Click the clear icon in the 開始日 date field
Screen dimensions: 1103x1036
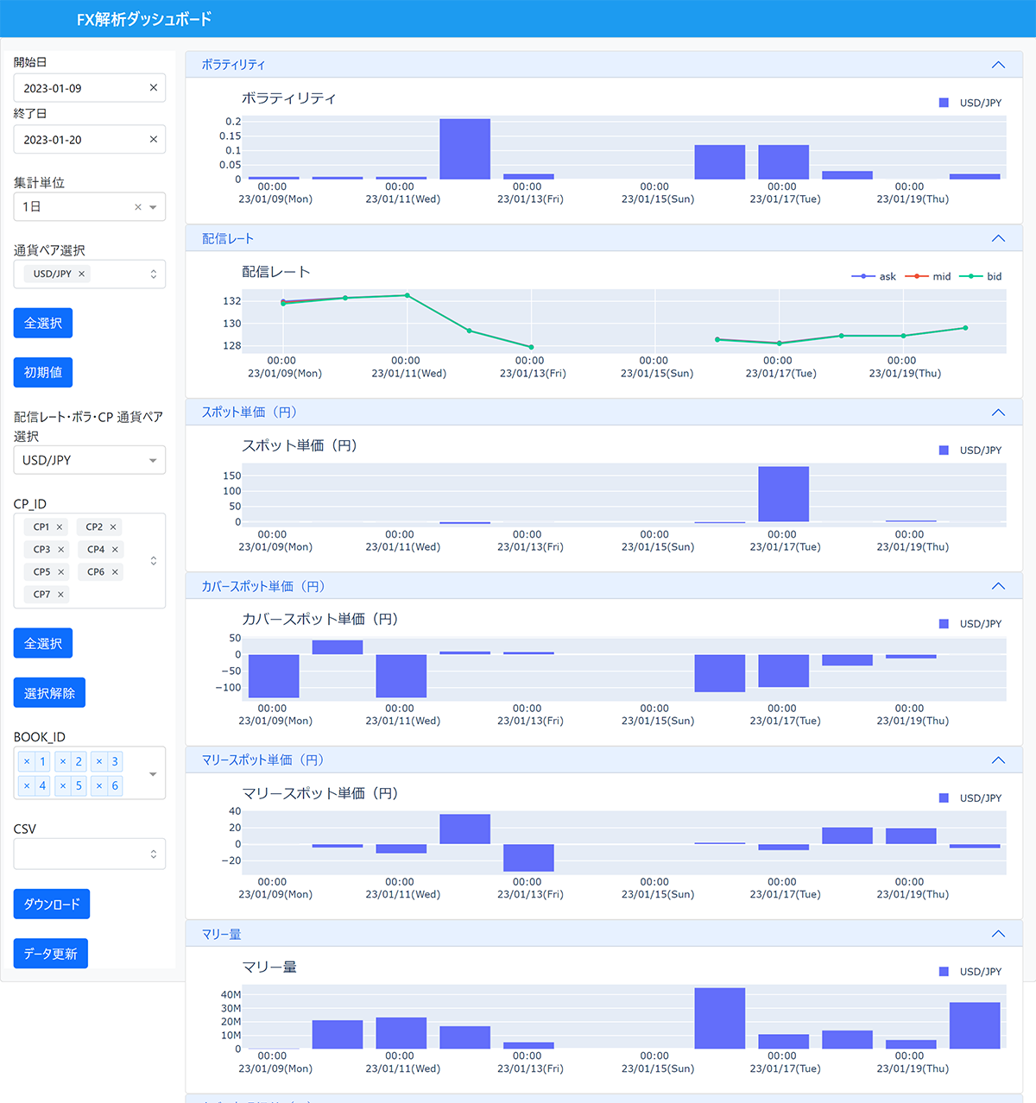[154, 88]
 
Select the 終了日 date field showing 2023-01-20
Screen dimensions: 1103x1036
[78, 140]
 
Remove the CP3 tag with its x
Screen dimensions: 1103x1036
[61, 550]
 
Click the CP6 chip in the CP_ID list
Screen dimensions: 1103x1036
[96, 572]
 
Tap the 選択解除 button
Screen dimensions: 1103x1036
[49, 693]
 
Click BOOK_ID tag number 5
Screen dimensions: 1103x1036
[79, 786]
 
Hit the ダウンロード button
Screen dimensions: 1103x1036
[52, 904]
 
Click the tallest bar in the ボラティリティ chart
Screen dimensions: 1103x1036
[464, 149]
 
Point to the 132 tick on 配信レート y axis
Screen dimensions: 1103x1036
[232, 301]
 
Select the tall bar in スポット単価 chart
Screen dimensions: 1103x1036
[783, 495]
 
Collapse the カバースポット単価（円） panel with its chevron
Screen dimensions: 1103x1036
[998, 587]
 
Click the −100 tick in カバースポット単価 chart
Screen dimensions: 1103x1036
[229, 688]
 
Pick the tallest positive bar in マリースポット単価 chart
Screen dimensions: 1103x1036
[464, 829]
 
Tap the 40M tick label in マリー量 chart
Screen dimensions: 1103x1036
[231, 995]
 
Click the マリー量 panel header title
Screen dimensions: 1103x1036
[222, 935]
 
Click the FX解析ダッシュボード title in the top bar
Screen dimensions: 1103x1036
[144, 19]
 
